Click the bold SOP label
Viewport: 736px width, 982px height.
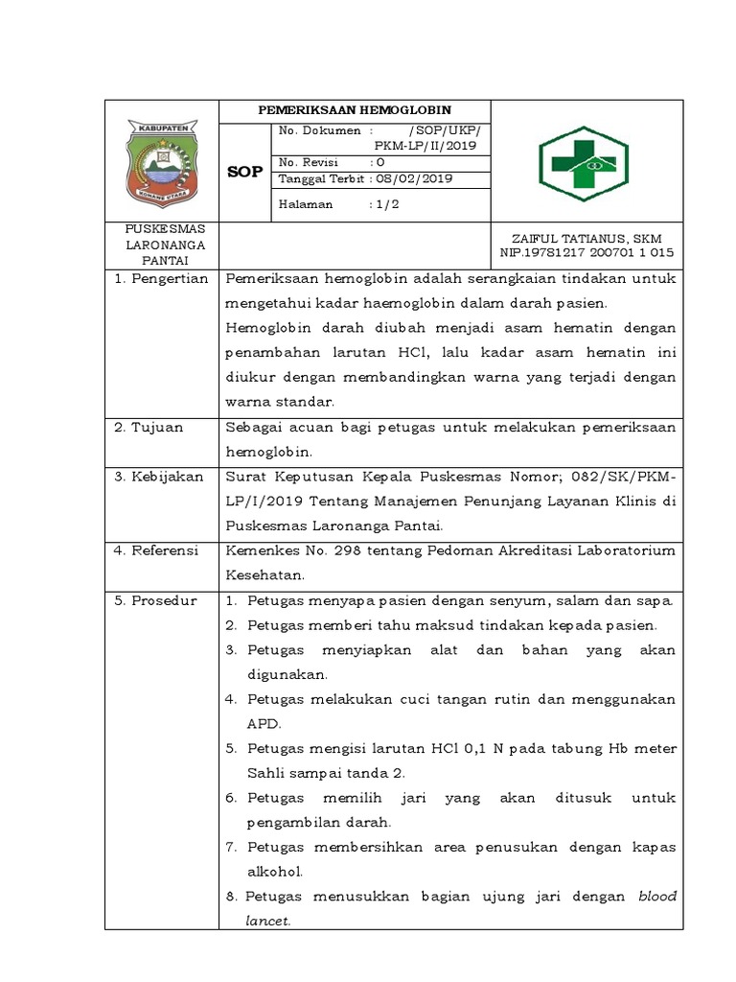coord(243,173)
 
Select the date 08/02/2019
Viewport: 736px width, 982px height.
coord(402,179)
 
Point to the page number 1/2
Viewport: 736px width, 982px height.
coord(384,204)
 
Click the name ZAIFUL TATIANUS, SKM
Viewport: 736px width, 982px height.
coord(586,238)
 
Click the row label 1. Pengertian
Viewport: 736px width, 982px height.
coord(160,278)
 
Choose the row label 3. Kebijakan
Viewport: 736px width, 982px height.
coord(158,477)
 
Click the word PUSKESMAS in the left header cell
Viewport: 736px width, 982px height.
coord(160,229)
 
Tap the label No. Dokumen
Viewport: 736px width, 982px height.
coord(319,130)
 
